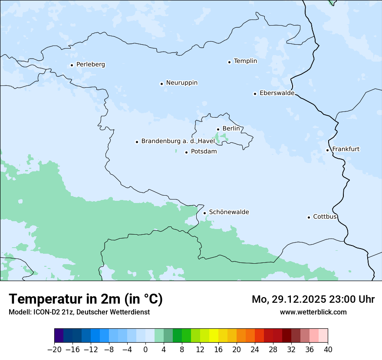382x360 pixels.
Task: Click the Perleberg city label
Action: (x=90, y=65)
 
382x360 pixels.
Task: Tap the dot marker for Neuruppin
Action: (x=161, y=84)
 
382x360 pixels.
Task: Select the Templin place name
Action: (x=245, y=61)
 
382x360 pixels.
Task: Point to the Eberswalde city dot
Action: (x=255, y=94)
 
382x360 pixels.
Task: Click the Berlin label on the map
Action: (x=231, y=129)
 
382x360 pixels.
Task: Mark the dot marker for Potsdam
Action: (x=186, y=152)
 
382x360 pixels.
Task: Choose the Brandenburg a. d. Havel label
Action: (x=178, y=141)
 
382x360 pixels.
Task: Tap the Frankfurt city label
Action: (x=346, y=149)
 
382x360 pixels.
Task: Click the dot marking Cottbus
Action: (x=309, y=217)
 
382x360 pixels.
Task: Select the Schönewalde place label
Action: (x=229, y=212)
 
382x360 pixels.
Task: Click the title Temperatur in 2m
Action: (x=86, y=299)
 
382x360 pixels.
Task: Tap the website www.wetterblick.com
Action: (x=313, y=312)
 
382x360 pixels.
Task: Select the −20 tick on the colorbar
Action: (x=55, y=350)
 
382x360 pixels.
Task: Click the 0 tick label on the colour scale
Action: (x=145, y=350)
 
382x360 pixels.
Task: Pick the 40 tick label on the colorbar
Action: (x=328, y=350)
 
